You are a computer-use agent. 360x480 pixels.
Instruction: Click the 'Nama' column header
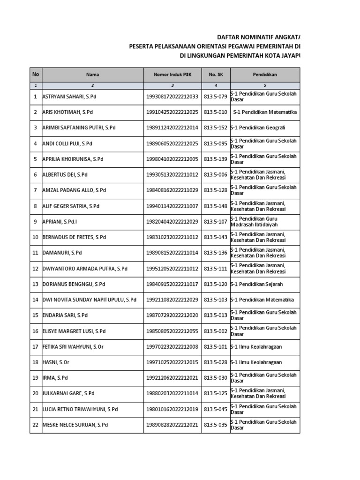(x=92, y=75)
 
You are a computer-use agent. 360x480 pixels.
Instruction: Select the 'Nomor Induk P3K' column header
(x=172, y=75)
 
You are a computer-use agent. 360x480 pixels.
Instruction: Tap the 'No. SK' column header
(x=215, y=75)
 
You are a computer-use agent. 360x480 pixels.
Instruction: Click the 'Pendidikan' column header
(x=265, y=75)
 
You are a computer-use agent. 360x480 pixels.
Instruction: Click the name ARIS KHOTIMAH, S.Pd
(x=68, y=112)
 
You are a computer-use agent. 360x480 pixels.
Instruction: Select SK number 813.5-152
(x=215, y=128)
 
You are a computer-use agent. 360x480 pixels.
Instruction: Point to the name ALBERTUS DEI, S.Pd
(x=65, y=175)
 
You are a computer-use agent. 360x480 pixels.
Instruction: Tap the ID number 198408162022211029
(x=172, y=190)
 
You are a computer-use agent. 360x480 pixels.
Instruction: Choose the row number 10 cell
(x=36, y=237)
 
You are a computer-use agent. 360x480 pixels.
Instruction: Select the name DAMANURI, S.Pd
(x=62, y=253)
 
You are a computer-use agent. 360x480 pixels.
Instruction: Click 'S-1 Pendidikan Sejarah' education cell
(x=257, y=284)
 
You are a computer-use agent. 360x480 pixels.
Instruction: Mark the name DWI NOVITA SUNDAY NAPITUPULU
(x=90, y=300)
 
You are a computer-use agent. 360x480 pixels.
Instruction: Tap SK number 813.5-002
(x=215, y=331)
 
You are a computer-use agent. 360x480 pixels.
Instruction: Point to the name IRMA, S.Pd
(x=55, y=378)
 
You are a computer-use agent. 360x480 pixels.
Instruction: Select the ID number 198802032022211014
(x=172, y=394)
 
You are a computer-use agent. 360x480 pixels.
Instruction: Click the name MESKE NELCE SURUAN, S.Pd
(x=75, y=425)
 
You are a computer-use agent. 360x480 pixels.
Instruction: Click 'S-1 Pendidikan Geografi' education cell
(x=258, y=128)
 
